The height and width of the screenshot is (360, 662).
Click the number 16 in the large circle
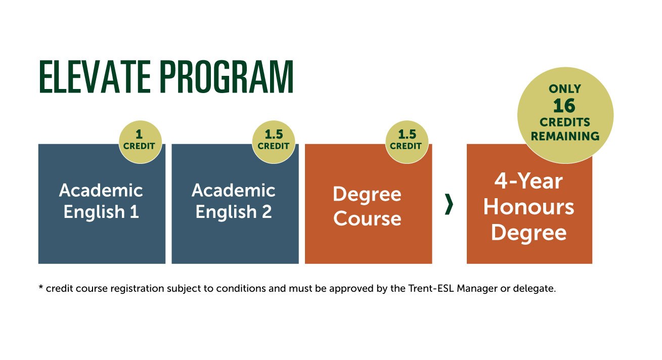click(x=565, y=106)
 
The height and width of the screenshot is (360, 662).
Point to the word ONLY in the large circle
click(x=565, y=89)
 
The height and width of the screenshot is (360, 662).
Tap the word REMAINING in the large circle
click(x=565, y=136)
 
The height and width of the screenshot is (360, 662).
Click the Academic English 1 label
click(x=101, y=201)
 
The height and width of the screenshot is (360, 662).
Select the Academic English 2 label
click(x=234, y=201)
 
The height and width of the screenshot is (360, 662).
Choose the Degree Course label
click(x=367, y=206)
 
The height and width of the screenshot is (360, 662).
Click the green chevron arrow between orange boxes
click(x=449, y=204)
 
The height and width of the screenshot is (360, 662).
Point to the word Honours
click(x=529, y=207)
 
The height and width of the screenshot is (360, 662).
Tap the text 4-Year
click(x=529, y=181)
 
